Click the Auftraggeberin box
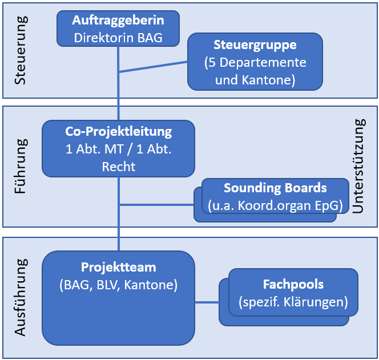tap(118, 29)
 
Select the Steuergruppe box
tap(255, 62)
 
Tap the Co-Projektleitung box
tap(118, 148)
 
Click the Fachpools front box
tap(293, 292)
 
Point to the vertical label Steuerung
tap(21, 51)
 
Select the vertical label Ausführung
tap(21, 297)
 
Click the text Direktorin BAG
tap(118, 38)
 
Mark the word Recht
tap(118, 167)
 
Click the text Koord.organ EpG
tap(285, 204)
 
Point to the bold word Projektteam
tap(118, 267)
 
